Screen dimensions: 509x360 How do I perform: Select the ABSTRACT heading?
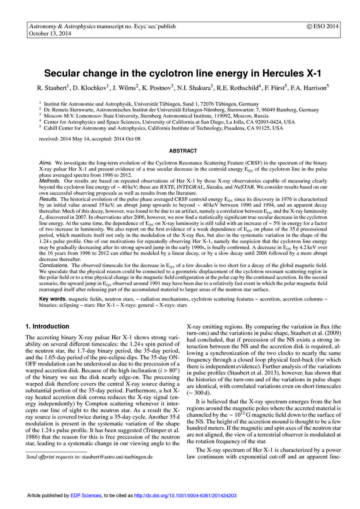pos(183,151)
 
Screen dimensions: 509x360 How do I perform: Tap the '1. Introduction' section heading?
pos(47,326)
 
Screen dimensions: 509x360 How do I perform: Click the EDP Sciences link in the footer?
pos(86,495)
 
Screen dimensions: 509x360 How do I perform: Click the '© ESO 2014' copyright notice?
pos(322,26)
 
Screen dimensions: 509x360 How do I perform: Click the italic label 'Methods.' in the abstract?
pos(50,181)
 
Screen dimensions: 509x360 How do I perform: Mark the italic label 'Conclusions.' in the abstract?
pos(54,265)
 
